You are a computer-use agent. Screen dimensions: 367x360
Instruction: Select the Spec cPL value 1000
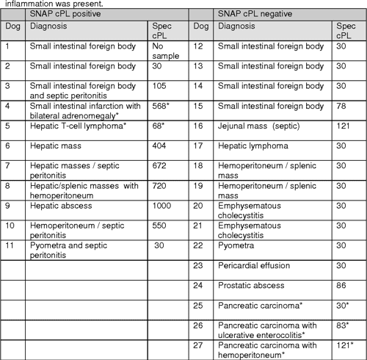[x=159, y=205]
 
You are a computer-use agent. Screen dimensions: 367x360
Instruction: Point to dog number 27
[x=197, y=345]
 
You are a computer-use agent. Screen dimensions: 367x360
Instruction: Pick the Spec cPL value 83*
[x=344, y=325]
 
